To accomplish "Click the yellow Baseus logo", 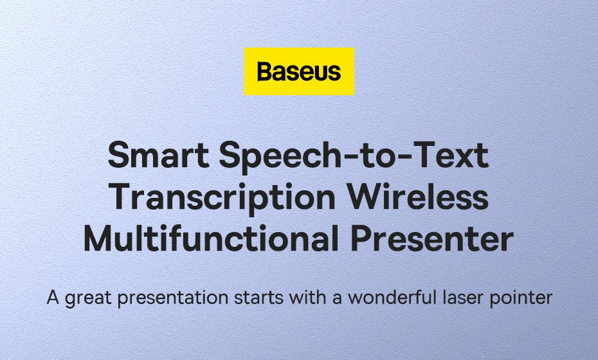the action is coord(299,71).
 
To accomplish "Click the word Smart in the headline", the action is coord(159,155).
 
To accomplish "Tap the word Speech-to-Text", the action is coord(354,156).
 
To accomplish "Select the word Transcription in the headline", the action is coord(222,198).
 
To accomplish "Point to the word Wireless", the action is coord(417,197).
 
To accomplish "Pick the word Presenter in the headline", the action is coord(431,239).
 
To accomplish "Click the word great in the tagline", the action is coord(89,298).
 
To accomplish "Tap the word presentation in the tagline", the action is coord(173,298).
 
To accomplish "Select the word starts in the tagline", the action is coord(258,298).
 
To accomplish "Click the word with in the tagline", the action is coord(308,297).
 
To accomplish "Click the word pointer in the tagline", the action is coord(521,298).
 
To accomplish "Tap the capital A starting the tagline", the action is coord(53,298).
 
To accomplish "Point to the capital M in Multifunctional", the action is coord(99,239).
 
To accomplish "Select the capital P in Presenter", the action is coord(361,239).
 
